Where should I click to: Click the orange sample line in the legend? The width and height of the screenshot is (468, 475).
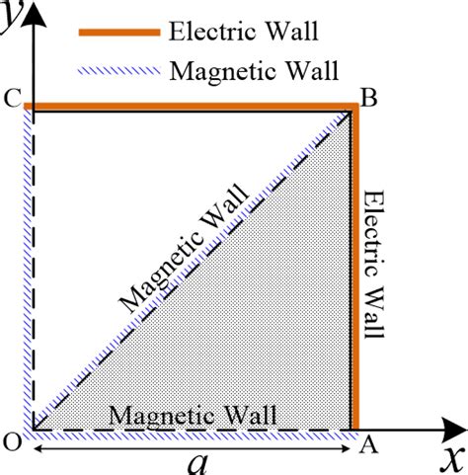click(x=117, y=32)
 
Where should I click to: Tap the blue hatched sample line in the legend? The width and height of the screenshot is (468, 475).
click(x=117, y=70)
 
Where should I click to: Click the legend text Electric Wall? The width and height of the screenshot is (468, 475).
click(x=242, y=31)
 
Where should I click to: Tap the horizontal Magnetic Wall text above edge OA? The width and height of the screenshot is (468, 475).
click(x=193, y=414)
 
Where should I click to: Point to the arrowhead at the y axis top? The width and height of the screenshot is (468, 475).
click(x=32, y=10)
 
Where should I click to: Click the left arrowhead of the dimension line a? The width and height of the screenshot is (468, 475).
click(x=37, y=448)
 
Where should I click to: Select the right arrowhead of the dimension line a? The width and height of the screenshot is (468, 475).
click(x=348, y=448)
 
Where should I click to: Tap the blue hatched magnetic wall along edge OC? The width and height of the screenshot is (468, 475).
click(x=30, y=267)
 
